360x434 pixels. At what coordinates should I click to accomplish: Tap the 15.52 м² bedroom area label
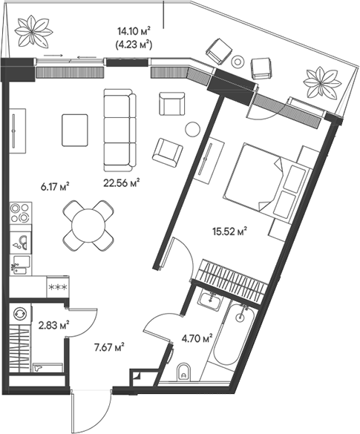(x=229, y=231)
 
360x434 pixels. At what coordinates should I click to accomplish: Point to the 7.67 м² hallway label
(x=108, y=346)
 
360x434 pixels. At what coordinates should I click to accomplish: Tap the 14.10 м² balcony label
(x=134, y=30)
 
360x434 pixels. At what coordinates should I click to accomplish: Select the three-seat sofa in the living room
(x=120, y=129)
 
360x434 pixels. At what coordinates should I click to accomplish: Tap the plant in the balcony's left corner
(x=33, y=30)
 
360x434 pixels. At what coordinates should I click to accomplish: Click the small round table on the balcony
(x=238, y=62)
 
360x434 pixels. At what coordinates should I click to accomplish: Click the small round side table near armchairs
(x=192, y=128)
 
